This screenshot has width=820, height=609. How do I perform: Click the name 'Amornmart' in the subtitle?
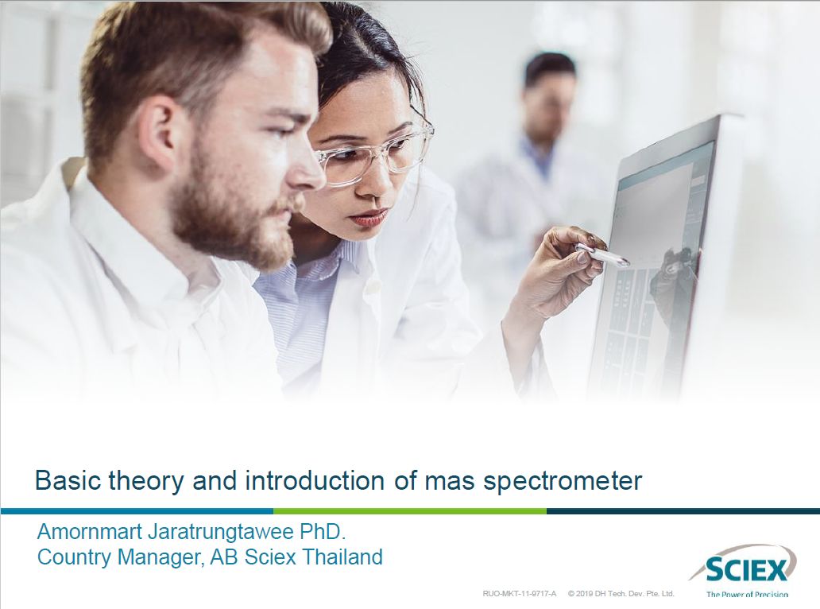point(90,532)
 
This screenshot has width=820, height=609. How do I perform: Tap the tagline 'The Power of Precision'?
point(747,595)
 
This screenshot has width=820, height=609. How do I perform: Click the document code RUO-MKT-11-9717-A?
point(520,594)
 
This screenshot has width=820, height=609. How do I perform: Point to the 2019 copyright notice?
point(621,594)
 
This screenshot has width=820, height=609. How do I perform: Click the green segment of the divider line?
point(409,510)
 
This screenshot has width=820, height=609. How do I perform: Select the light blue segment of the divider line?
point(137,510)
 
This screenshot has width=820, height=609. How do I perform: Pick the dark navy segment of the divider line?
point(683,510)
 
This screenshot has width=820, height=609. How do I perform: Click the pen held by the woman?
point(601,254)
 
